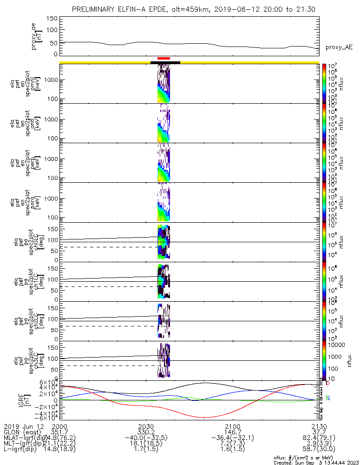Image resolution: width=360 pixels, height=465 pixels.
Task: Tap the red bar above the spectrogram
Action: coord(164,59)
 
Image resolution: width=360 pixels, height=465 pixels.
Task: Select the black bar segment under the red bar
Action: coord(165,62)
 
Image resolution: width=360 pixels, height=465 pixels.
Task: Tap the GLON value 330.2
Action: coord(146,432)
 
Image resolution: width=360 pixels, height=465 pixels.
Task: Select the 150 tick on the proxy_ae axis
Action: coord(52,19)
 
